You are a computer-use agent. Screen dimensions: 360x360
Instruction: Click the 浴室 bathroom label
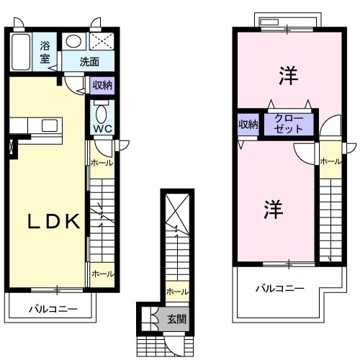45,52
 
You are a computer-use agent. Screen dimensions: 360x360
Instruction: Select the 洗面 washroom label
90,62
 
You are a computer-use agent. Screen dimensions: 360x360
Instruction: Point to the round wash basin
73,41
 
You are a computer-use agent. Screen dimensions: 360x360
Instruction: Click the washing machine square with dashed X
99,41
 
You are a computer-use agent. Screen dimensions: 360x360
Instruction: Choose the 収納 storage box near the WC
102,85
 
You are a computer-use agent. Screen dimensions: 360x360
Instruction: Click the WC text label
102,130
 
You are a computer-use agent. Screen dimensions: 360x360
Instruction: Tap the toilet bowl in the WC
101,113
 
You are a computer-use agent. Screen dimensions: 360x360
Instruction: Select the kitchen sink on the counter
49,126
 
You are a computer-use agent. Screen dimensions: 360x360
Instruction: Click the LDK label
53,221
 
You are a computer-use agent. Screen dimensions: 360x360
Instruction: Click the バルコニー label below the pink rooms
280,289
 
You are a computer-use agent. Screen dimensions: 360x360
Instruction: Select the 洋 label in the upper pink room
288,73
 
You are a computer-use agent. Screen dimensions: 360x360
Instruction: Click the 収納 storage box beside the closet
248,125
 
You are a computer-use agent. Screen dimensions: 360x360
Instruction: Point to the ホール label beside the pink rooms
330,161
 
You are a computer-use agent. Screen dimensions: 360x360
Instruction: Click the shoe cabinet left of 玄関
148,317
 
